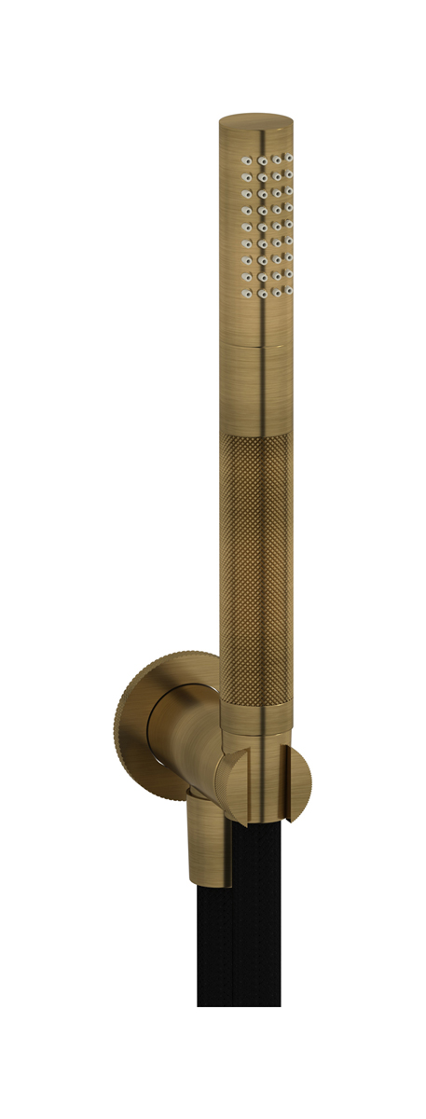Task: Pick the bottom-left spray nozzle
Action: pos(246,292)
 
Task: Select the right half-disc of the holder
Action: pos(298,783)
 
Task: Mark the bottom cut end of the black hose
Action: pos(238,1002)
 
